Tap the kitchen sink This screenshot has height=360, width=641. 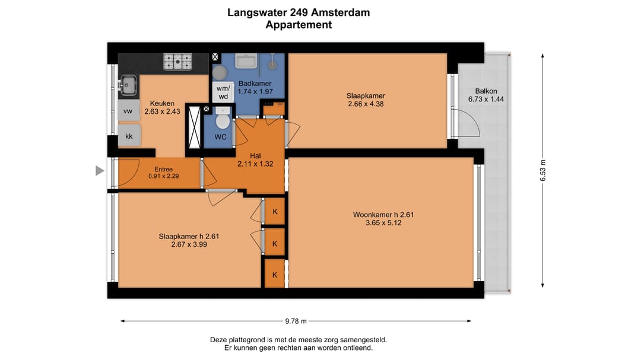[x=128, y=87]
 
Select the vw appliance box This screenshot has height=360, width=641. [x=128, y=111]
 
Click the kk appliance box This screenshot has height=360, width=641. [x=129, y=136]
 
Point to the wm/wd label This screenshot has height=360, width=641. [x=223, y=92]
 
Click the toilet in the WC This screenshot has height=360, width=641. [x=223, y=121]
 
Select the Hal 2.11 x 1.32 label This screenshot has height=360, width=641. [x=255, y=160]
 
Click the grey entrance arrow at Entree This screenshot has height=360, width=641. [x=100, y=171]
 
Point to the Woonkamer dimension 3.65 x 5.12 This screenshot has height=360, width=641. [x=382, y=223]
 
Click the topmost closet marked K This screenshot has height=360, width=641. [x=275, y=212]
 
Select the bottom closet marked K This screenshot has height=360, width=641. [x=275, y=275]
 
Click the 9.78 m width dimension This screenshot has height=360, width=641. [x=296, y=321]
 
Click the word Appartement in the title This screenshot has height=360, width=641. [x=298, y=25]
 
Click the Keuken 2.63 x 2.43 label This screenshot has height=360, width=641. [x=161, y=107]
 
